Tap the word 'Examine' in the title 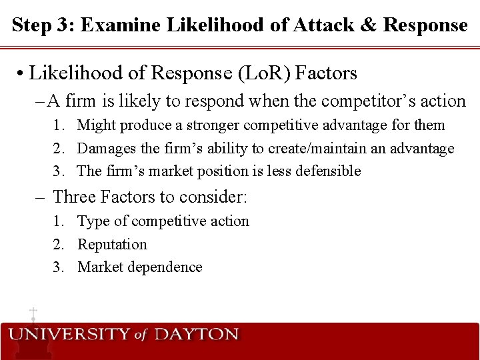115,25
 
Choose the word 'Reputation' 112,245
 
